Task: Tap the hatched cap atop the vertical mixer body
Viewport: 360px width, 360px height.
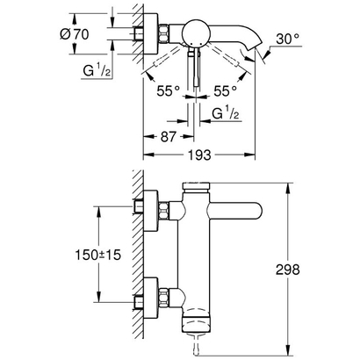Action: [198, 187]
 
